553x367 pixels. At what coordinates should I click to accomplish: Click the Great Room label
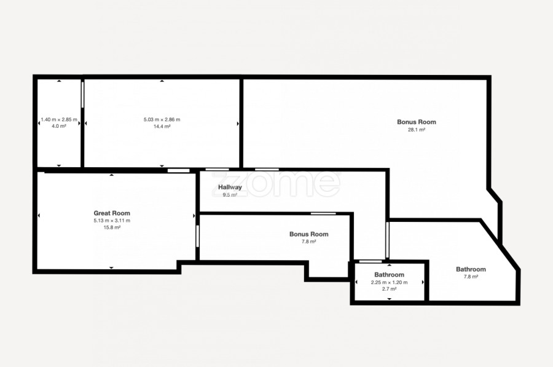[112, 213]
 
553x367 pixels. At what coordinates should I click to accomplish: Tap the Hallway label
[230, 187]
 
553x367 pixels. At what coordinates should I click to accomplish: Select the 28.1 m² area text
[417, 130]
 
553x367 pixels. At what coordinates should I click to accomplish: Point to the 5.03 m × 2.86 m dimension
[162, 120]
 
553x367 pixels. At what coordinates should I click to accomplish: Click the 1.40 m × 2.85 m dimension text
[59, 120]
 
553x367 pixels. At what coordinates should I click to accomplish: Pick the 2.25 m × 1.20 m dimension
[390, 282]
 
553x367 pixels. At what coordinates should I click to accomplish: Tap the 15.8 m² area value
[112, 227]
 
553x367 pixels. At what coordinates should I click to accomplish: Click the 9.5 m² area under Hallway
[230, 195]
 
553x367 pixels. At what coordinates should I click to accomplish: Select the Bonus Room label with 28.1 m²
[417, 122]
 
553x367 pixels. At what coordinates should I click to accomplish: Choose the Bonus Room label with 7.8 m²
[309, 234]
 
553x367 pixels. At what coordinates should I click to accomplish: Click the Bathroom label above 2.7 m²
[390, 275]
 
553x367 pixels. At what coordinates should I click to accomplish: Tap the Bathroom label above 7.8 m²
[471, 269]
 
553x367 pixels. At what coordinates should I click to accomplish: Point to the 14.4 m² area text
[162, 127]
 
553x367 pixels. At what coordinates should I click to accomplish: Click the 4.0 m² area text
[59, 127]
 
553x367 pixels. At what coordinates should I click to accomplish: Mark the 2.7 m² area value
[390, 289]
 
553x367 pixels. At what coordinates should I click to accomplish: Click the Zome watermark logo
[276, 184]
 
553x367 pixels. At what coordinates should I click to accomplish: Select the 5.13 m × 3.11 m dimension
[112, 221]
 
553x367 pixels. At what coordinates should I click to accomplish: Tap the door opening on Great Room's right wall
[197, 236]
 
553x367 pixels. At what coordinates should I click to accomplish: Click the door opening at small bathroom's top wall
[371, 261]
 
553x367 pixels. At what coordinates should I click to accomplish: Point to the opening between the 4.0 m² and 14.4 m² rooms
[82, 95]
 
